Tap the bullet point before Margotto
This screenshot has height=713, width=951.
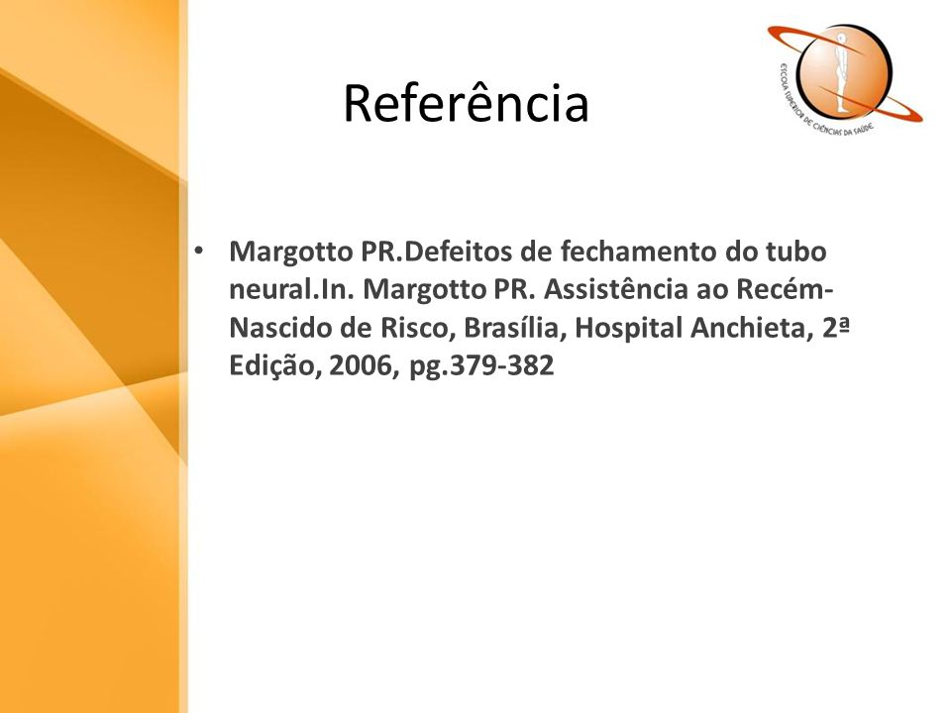[198, 251]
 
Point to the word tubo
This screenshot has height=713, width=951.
[796, 251]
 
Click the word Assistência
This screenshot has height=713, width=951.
[615, 289]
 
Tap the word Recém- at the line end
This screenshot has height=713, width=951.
[785, 289]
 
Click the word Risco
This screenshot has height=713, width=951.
[418, 328]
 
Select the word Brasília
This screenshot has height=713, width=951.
[515, 328]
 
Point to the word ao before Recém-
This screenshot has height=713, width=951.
[712, 289]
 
